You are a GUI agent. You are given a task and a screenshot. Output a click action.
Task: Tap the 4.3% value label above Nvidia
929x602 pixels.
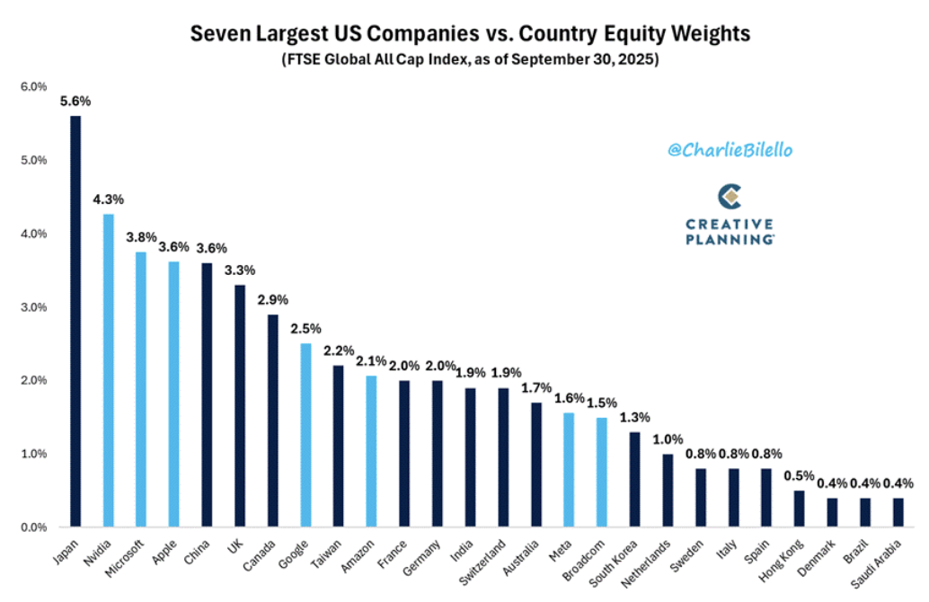[x=109, y=199]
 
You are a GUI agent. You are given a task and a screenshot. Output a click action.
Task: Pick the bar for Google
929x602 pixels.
[x=306, y=436]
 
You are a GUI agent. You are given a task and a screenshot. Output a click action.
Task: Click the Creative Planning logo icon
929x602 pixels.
[x=730, y=196]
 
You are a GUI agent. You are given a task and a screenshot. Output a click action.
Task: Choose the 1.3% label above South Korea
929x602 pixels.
[x=634, y=417]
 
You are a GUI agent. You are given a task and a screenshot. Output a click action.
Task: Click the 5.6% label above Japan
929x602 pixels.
[x=75, y=101]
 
